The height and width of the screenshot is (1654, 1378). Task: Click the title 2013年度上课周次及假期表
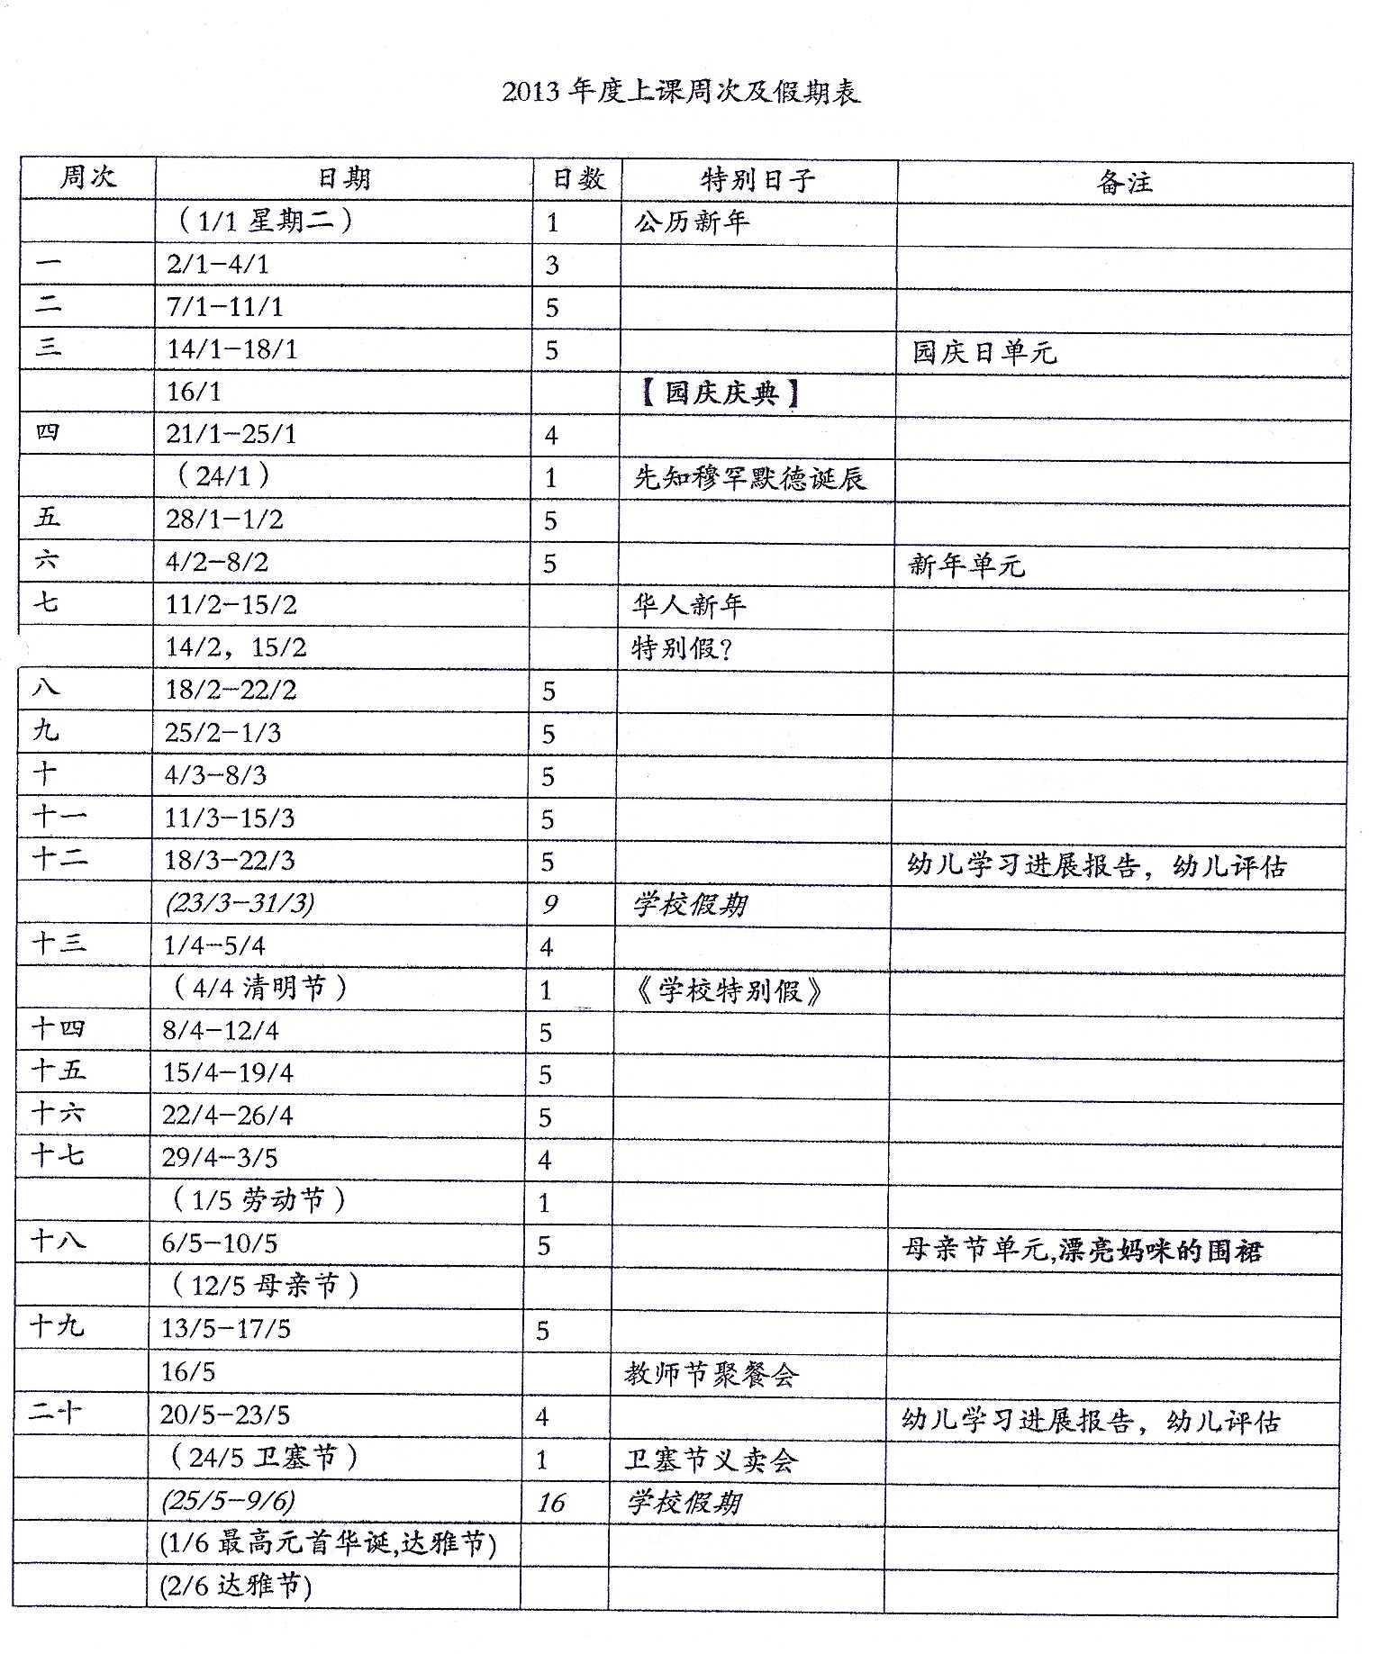pos(681,93)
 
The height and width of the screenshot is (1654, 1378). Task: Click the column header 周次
pos(88,176)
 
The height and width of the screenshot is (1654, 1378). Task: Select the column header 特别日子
pos(757,180)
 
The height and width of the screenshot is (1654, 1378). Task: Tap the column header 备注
pos(1124,183)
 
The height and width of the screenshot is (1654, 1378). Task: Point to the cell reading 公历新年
pos(692,222)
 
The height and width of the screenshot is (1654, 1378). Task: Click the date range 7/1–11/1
pos(225,307)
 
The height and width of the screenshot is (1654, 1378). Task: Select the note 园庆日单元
pos(984,352)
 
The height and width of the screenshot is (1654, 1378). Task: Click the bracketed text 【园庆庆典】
pos(721,393)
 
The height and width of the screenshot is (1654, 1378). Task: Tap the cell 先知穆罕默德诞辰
pos(749,478)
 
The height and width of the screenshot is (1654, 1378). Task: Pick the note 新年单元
pos(966,565)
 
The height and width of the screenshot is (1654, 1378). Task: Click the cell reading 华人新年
pos(689,605)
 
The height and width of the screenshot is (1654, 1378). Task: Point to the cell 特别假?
pos(683,647)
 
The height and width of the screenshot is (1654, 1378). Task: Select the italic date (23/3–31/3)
pos(240,903)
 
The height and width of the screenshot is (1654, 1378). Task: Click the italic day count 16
pos(551,1503)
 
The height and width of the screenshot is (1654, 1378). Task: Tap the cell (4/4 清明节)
pos(259,989)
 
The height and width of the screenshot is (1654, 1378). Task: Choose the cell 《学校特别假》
pos(729,991)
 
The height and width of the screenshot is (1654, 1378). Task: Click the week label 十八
pos(58,1242)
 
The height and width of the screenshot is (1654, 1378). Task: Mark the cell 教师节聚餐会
pos(712,1374)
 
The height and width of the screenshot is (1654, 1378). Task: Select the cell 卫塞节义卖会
pos(712,1460)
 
